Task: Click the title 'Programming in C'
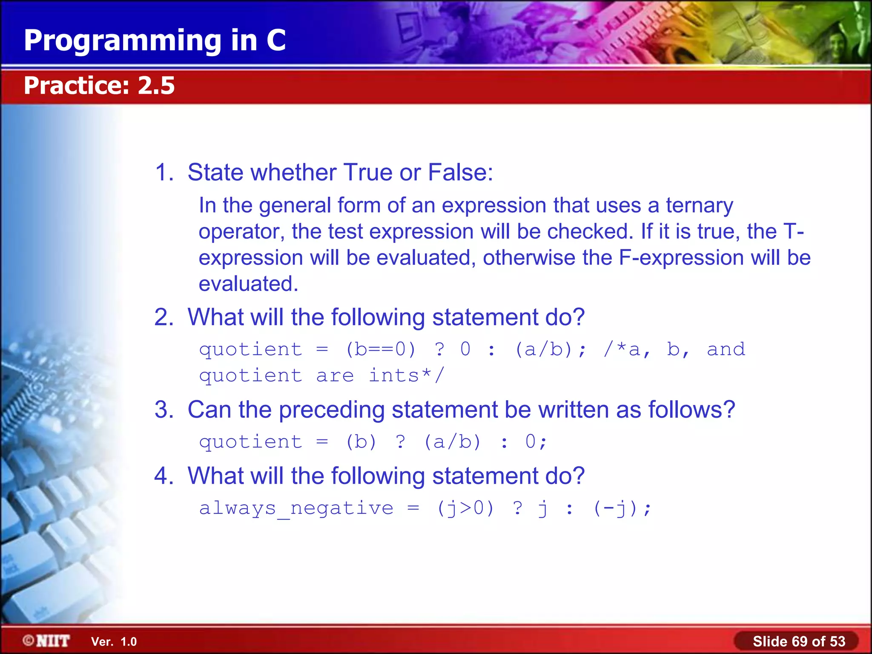[155, 41]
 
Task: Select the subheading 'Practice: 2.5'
[99, 86]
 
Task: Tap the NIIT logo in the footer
[46, 640]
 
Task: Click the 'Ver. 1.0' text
[114, 642]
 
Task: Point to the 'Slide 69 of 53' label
[799, 641]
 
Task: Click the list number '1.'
[164, 172]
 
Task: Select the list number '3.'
[164, 410]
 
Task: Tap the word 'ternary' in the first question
[699, 206]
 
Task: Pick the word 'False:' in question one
[460, 172]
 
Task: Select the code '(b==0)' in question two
[380, 350]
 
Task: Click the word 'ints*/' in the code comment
[406, 376]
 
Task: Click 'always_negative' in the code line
[296, 508]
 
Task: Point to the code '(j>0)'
[465, 508]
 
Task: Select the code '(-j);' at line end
[622, 508]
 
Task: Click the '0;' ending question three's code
[536, 442]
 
